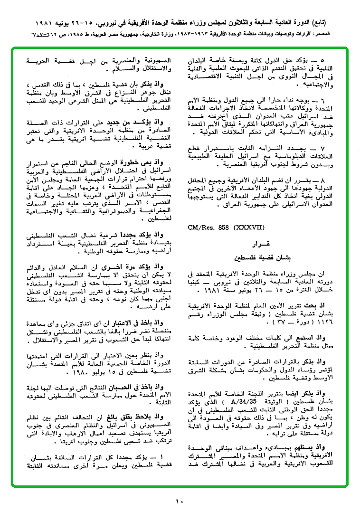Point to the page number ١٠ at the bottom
pos(179,501)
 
